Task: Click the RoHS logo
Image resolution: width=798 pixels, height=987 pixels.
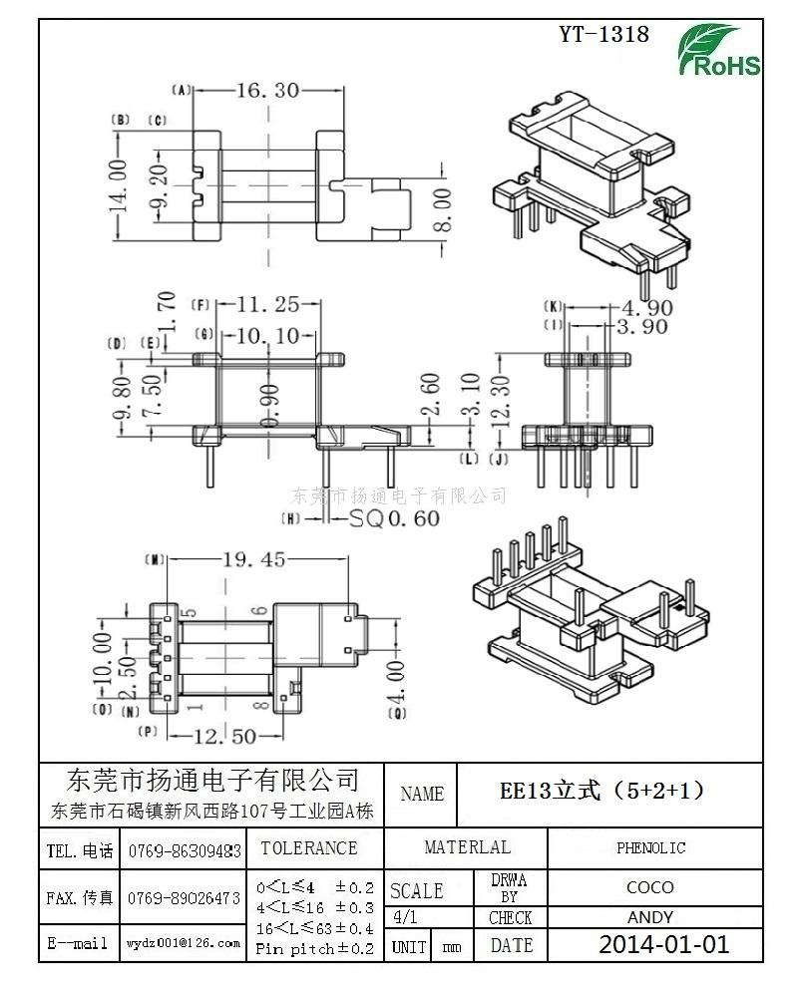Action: pos(720,51)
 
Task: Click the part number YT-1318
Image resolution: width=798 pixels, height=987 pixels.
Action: pos(603,35)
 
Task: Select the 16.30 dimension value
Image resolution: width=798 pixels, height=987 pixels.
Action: pos(267,91)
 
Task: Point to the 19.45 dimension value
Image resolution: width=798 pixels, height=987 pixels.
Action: pos(253,560)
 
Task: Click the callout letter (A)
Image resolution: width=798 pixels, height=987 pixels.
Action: pos(182,91)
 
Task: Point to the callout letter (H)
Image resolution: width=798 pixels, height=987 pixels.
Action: pos(291,518)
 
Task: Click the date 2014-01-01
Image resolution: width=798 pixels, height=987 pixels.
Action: pos(663,945)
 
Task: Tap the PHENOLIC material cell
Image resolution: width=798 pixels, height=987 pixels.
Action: pos(650,848)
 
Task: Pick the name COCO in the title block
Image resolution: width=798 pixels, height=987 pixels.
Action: pos(649,887)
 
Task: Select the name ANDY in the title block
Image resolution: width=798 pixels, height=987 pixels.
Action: pos(649,917)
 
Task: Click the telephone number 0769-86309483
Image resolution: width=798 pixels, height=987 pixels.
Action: pos(184,850)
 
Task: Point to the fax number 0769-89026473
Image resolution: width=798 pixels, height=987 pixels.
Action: pos(184,898)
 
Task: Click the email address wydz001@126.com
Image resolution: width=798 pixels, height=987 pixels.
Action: pos(184,942)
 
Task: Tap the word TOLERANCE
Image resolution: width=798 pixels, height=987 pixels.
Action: pos(308,848)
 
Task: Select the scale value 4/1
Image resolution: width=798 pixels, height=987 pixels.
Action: pos(406,917)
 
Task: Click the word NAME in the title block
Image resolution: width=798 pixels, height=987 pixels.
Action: pos(422,795)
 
